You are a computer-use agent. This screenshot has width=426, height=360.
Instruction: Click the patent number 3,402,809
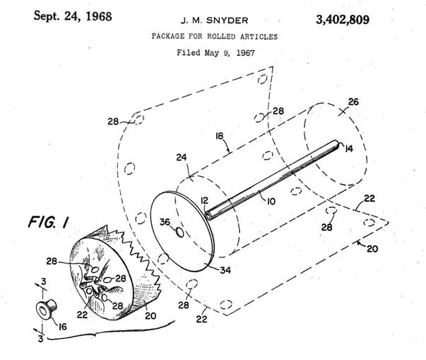click(343, 20)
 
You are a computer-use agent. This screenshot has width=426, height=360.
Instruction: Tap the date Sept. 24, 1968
click(73, 16)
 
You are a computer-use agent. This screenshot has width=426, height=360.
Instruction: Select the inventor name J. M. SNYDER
click(214, 21)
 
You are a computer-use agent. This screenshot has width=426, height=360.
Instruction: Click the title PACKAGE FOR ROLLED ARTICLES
click(215, 36)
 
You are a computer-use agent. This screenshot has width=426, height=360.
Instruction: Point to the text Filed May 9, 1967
click(216, 52)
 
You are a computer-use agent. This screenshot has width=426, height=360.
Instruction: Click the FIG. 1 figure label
click(48, 221)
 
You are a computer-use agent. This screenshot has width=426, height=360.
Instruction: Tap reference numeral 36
click(165, 222)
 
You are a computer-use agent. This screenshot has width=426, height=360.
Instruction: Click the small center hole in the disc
click(179, 233)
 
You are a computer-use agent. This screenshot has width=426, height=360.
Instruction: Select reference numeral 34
click(225, 270)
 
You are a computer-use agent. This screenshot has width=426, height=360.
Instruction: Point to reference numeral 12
click(204, 200)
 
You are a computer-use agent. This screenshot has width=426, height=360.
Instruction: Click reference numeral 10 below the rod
click(271, 202)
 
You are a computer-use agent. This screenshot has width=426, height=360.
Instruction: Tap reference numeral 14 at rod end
click(349, 149)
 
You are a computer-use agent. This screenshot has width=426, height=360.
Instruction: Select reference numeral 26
click(353, 102)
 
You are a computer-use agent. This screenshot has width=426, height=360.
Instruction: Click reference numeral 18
click(219, 136)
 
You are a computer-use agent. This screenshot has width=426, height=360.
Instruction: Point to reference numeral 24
click(182, 157)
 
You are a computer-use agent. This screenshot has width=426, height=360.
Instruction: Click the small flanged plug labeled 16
click(46, 309)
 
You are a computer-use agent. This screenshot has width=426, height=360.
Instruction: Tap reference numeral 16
click(63, 326)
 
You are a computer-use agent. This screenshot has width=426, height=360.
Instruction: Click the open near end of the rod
click(208, 216)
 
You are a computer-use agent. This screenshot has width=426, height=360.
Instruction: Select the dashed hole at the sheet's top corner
click(262, 79)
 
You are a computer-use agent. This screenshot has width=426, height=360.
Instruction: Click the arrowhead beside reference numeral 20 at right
click(359, 242)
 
